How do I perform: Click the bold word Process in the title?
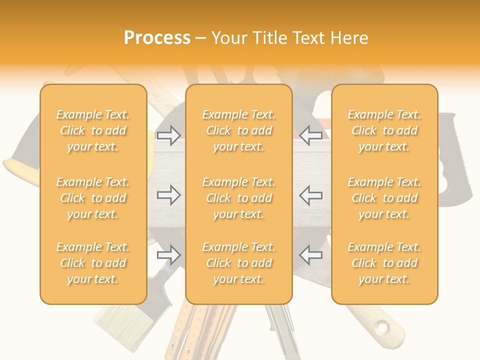click(x=157, y=37)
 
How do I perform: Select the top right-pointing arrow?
click(x=168, y=135)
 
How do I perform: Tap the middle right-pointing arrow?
click(x=168, y=195)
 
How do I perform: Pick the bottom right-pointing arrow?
click(x=168, y=255)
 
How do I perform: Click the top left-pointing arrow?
click(x=310, y=135)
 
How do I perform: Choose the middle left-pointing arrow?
click(x=310, y=195)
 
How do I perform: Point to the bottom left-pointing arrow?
click(x=310, y=255)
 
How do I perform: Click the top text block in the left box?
click(x=93, y=130)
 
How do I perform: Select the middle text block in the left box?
click(x=93, y=198)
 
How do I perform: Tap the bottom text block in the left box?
click(x=93, y=263)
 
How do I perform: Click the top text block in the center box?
click(x=238, y=130)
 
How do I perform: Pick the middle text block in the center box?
click(x=238, y=198)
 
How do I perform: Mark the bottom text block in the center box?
click(x=238, y=263)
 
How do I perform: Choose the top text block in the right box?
click(x=384, y=130)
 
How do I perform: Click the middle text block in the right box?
click(x=384, y=198)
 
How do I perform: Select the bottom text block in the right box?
click(x=384, y=263)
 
